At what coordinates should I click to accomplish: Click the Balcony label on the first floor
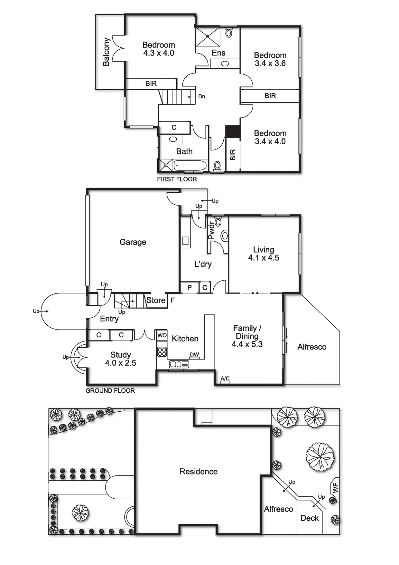tap(106, 52)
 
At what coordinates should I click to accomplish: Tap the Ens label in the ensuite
tap(218, 53)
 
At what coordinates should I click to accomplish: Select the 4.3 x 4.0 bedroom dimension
tap(159, 53)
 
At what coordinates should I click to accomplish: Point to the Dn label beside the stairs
tap(201, 96)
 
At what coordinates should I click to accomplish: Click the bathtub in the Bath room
tap(190, 166)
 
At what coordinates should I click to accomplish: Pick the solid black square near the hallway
tap(233, 131)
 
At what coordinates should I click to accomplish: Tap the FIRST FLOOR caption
tap(177, 179)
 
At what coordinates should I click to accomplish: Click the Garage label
tap(133, 242)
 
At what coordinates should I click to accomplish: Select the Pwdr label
tap(211, 230)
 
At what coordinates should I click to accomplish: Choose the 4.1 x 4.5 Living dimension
tap(264, 258)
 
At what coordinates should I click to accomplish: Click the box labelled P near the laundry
tap(190, 288)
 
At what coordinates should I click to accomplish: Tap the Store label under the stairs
tap(156, 300)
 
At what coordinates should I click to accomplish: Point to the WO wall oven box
tap(162, 335)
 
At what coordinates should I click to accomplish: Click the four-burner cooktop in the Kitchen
tap(162, 351)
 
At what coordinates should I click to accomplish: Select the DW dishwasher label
tap(194, 354)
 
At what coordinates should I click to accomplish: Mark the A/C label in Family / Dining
tap(225, 378)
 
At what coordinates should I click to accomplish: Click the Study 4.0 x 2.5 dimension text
tap(120, 363)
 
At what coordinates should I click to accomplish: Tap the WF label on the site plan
tap(336, 488)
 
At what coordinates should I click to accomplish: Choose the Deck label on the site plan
tap(310, 518)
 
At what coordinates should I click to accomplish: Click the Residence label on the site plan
tap(199, 472)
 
